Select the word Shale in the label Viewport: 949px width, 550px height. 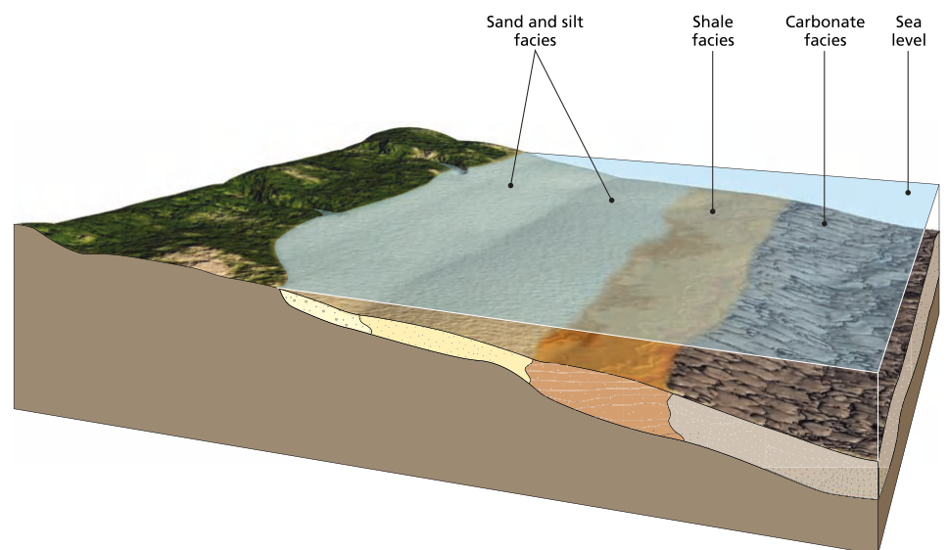click(x=712, y=22)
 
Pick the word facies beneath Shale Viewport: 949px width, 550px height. click(x=712, y=40)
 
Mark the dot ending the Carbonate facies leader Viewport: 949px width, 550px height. click(x=825, y=223)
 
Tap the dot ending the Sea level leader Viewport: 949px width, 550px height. click(x=909, y=192)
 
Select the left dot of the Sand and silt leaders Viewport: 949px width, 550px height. click(x=510, y=183)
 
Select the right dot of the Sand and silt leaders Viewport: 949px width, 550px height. click(x=612, y=200)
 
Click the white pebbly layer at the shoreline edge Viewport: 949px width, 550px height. click(x=323, y=312)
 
